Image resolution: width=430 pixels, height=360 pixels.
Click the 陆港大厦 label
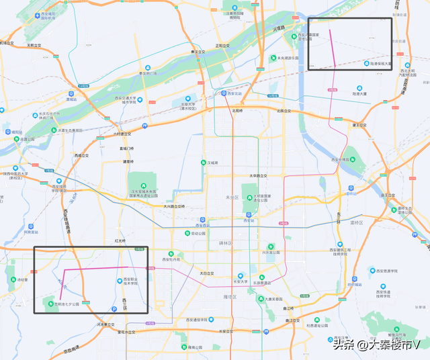pyautogui.click(x=361, y=94)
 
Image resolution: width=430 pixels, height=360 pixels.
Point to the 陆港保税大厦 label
pyautogui.click(x=380, y=63)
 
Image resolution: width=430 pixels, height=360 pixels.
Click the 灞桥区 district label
pyautogui.click(x=357, y=222)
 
